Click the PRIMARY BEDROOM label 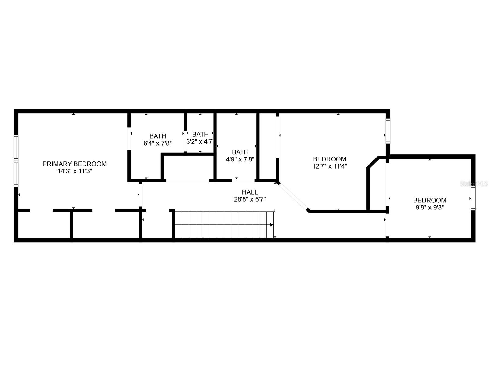click(75, 164)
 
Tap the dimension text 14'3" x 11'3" click(75, 171)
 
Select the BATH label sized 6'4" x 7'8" click(158, 136)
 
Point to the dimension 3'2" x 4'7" click(200, 142)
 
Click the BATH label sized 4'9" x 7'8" click(240, 152)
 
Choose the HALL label click(250, 192)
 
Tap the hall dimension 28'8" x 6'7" click(250, 199)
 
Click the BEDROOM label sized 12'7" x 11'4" click(329, 159)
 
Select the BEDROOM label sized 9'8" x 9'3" click(429, 200)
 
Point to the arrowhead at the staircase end click(272, 225)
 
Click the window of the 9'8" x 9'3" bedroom click(473, 198)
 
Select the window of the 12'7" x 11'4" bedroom click(388, 131)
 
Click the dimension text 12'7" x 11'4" click(329, 166)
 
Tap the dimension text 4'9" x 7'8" click(240, 159)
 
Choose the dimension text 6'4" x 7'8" click(158, 143)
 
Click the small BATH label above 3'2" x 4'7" click(200, 134)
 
